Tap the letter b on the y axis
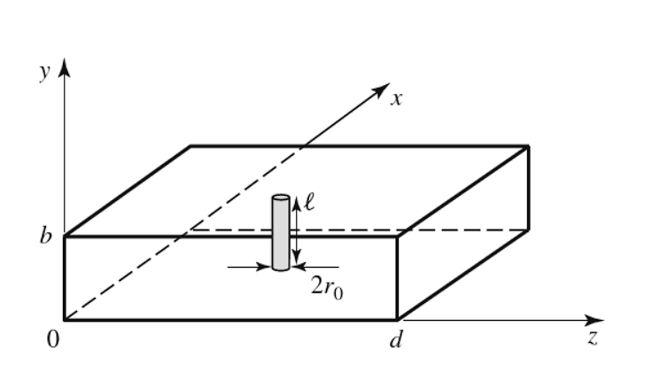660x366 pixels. [x=46, y=238]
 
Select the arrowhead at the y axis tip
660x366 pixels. [x=64, y=70]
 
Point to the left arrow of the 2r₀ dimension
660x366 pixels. [x=260, y=265]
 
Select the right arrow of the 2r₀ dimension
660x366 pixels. [x=304, y=265]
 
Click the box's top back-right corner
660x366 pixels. [x=529, y=145]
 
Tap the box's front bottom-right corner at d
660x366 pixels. [x=397, y=319]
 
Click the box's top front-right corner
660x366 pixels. [x=397, y=237]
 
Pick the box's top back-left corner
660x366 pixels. [x=192, y=145]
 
